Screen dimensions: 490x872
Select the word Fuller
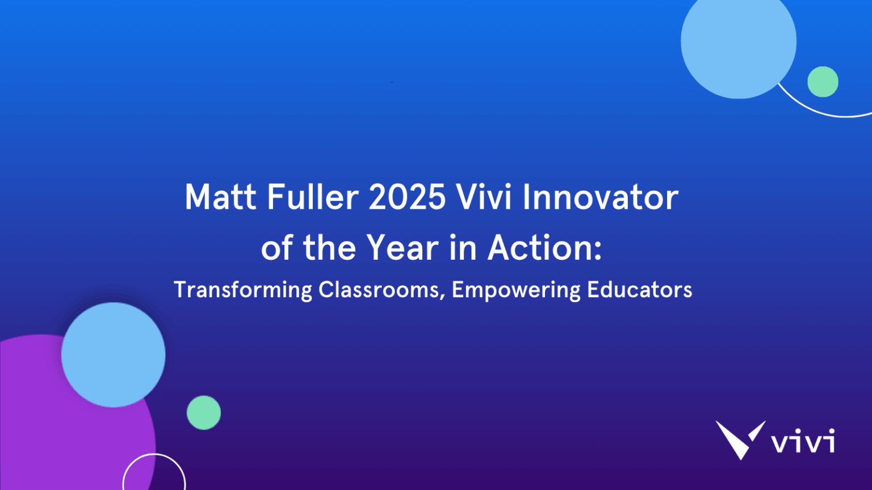pyautogui.click(x=312, y=197)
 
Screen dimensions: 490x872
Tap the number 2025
pyautogui.click(x=407, y=197)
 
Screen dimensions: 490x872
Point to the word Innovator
pyautogui.click(x=600, y=197)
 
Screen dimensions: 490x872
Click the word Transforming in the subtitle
pyautogui.click(x=242, y=290)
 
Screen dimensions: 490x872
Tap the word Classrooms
pyautogui.click(x=379, y=289)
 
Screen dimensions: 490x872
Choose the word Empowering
pyautogui.click(x=515, y=290)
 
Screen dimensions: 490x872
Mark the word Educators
pyautogui.click(x=639, y=289)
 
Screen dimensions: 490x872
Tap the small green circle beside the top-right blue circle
pyautogui.click(x=823, y=82)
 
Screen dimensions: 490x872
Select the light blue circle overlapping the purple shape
pyautogui.click(x=113, y=354)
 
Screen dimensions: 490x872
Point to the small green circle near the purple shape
pyautogui.click(x=203, y=412)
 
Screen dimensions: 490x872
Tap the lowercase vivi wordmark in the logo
pyautogui.click(x=803, y=441)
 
